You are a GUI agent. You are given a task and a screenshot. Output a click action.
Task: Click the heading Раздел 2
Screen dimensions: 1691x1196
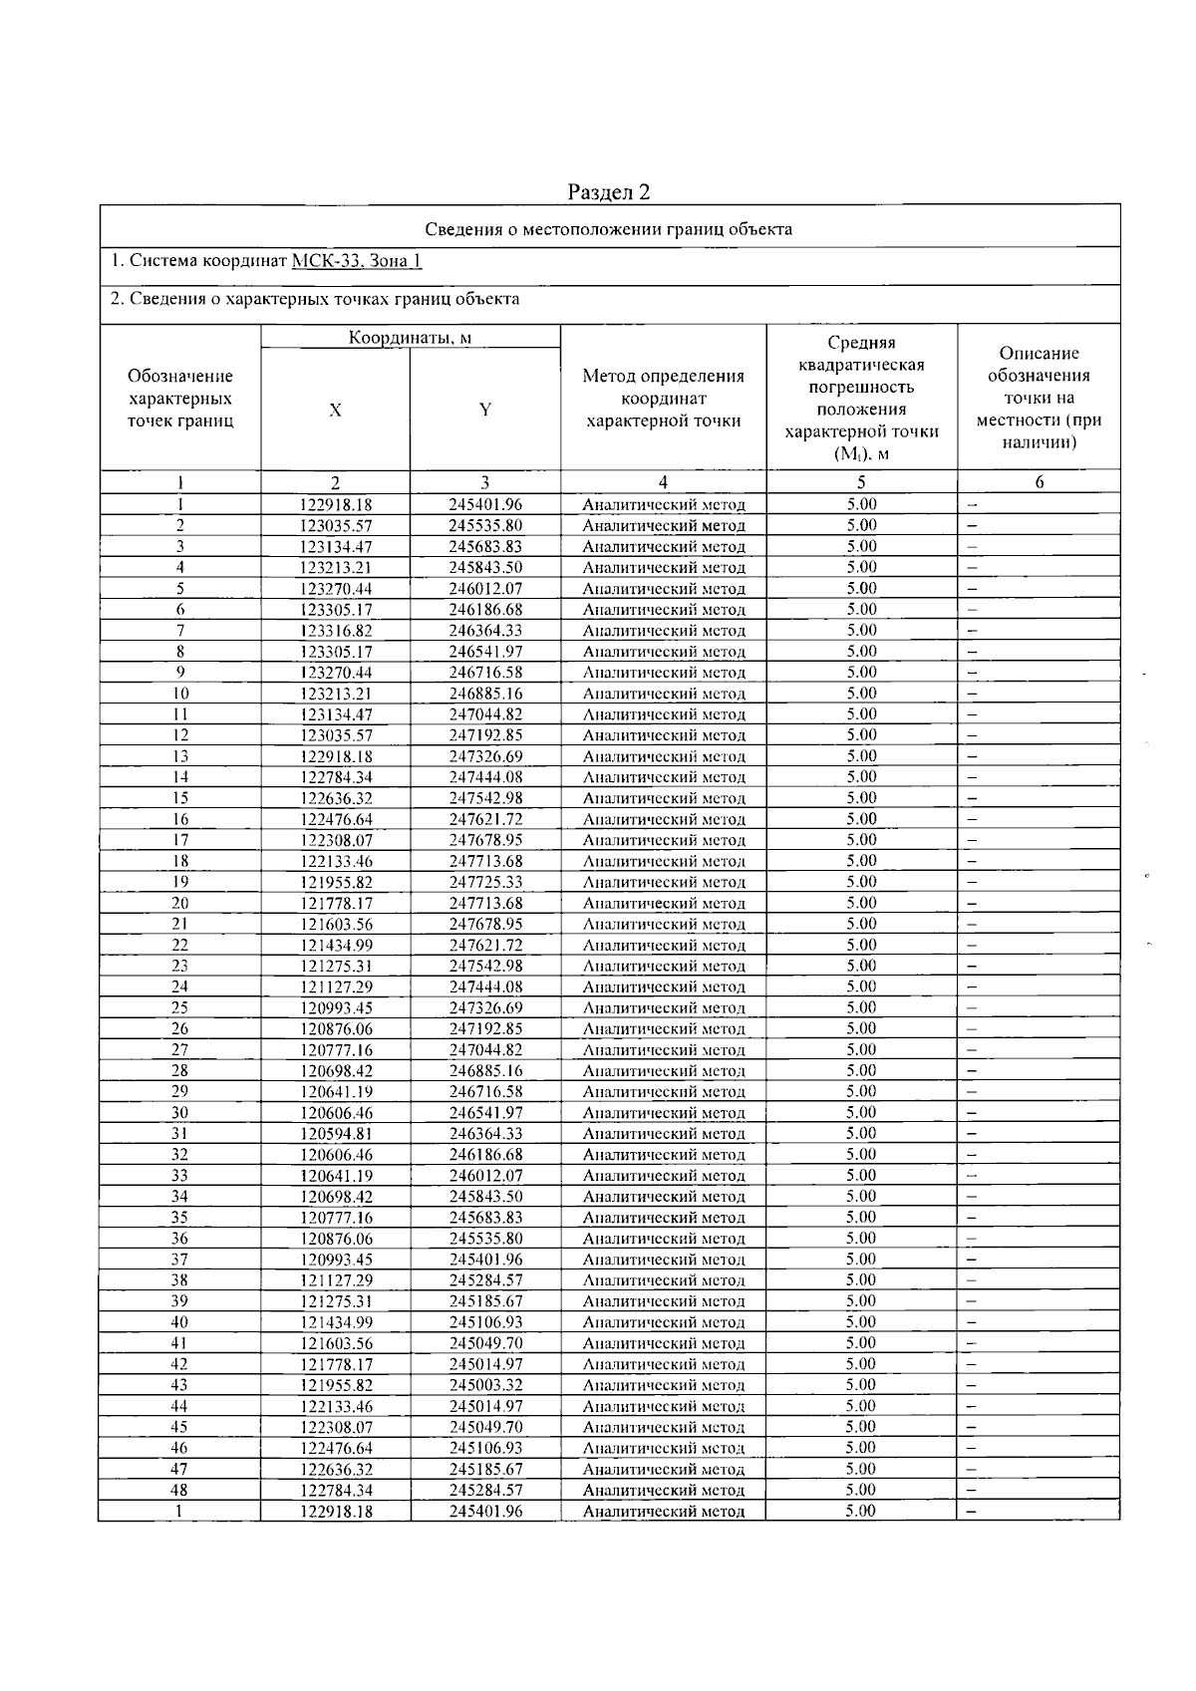(x=609, y=191)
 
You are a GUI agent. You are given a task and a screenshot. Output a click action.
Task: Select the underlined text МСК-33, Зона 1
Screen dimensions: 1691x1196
(x=356, y=261)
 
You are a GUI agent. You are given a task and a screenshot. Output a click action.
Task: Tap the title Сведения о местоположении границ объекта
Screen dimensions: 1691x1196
(x=609, y=229)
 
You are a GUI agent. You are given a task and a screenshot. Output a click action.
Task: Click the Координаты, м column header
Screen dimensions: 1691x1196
(x=410, y=338)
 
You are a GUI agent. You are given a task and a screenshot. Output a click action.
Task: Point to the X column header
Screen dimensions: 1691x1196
(x=335, y=410)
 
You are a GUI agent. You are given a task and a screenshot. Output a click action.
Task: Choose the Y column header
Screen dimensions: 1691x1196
(x=485, y=410)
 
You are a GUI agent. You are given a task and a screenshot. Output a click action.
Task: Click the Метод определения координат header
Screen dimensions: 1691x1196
(x=663, y=398)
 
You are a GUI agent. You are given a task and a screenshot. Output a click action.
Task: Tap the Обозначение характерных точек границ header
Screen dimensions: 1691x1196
(x=180, y=398)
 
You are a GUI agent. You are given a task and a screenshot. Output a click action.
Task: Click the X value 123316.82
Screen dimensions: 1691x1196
(x=335, y=631)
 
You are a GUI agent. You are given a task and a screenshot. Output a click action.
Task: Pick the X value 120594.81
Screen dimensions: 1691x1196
(x=335, y=1134)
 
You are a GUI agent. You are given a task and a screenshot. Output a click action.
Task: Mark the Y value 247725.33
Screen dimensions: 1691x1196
(x=485, y=882)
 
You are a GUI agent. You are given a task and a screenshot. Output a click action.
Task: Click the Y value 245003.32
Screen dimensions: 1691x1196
(x=485, y=1385)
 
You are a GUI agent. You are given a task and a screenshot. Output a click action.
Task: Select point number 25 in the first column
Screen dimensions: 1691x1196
(x=179, y=1007)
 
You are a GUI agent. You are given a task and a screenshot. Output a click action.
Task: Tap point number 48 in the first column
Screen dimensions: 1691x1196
(x=179, y=1491)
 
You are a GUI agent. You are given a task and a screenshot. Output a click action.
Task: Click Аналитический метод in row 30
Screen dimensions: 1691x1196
(x=663, y=1113)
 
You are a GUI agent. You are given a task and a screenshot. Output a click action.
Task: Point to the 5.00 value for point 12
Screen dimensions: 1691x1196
(x=861, y=735)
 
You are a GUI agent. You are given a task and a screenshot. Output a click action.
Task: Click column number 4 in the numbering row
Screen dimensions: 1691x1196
(x=663, y=482)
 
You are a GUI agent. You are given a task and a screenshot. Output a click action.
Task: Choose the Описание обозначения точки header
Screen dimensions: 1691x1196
(x=1039, y=398)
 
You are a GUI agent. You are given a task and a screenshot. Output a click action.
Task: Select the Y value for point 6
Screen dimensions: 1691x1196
(x=485, y=610)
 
